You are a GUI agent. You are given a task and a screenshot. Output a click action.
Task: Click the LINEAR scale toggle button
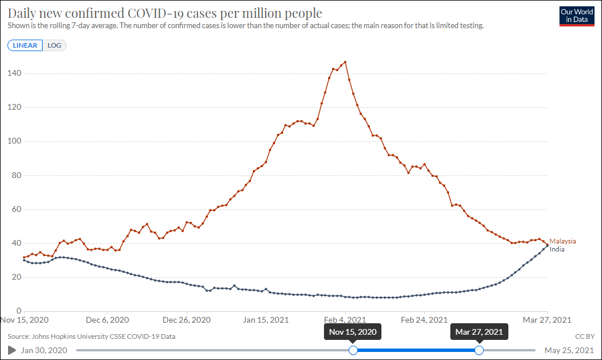pyautogui.click(x=25, y=45)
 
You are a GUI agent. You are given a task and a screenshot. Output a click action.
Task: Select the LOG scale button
pyautogui.click(x=55, y=45)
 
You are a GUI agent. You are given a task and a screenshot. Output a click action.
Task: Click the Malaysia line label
pyautogui.click(x=562, y=241)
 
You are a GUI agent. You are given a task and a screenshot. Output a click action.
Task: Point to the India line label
pyautogui.click(x=557, y=249)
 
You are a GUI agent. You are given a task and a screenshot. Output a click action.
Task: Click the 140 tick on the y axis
pyautogui.click(x=14, y=73)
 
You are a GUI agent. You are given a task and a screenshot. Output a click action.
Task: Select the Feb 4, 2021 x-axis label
pyautogui.click(x=345, y=320)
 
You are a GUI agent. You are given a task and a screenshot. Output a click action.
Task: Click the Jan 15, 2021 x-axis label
pyautogui.click(x=265, y=320)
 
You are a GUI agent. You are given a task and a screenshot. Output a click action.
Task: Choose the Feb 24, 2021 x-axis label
pyautogui.click(x=424, y=320)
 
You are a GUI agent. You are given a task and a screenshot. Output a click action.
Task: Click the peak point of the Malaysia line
pyautogui.click(x=345, y=62)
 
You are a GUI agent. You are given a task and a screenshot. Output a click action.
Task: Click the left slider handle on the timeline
pyautogui.click(x=353, y=350)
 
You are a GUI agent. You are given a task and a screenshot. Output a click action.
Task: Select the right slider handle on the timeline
pyautogui.click(x=479, y=350)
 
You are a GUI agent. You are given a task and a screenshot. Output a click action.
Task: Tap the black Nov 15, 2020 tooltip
pyautogui.click(x=353, y=332)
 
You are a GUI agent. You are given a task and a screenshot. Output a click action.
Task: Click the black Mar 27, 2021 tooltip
pyautogui.click(x=479, y=332)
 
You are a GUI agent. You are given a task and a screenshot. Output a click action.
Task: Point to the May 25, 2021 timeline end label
pyautogui.click(x=569, y=350)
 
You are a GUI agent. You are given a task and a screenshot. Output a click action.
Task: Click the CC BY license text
pyautogui.click(x=584, y=336)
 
